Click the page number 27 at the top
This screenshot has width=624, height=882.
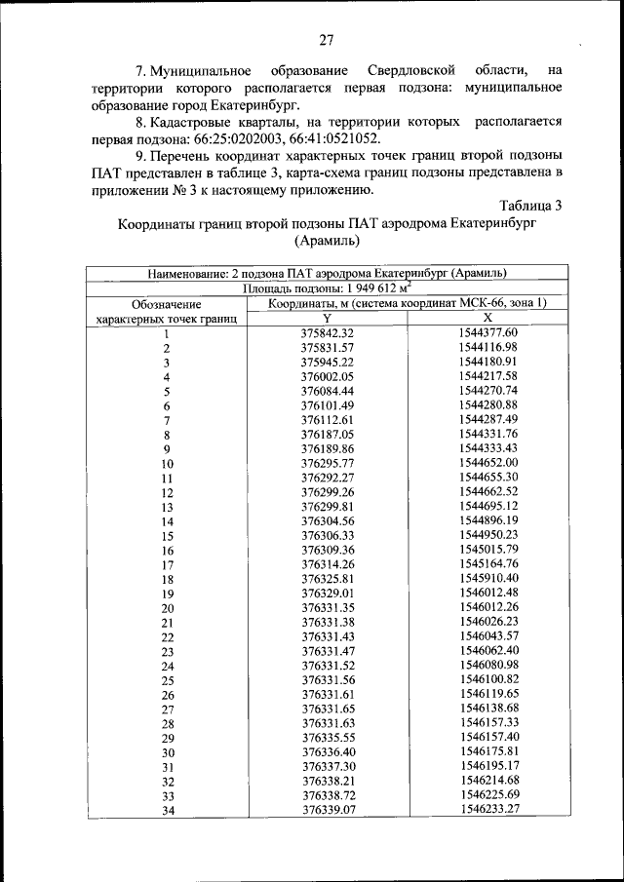[326, 40]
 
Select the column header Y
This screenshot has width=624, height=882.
[327, 319]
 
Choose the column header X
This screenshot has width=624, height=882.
[487, 319]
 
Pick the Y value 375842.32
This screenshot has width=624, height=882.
[327, 333]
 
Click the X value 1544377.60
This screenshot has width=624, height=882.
[487, 333]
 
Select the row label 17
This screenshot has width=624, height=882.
[167, 564]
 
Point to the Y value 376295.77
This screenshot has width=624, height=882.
[327, 463]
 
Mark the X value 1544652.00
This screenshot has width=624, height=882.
[487, 463]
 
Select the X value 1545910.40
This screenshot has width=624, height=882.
[487, 579]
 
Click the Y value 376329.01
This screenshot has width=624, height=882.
[327, 593]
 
